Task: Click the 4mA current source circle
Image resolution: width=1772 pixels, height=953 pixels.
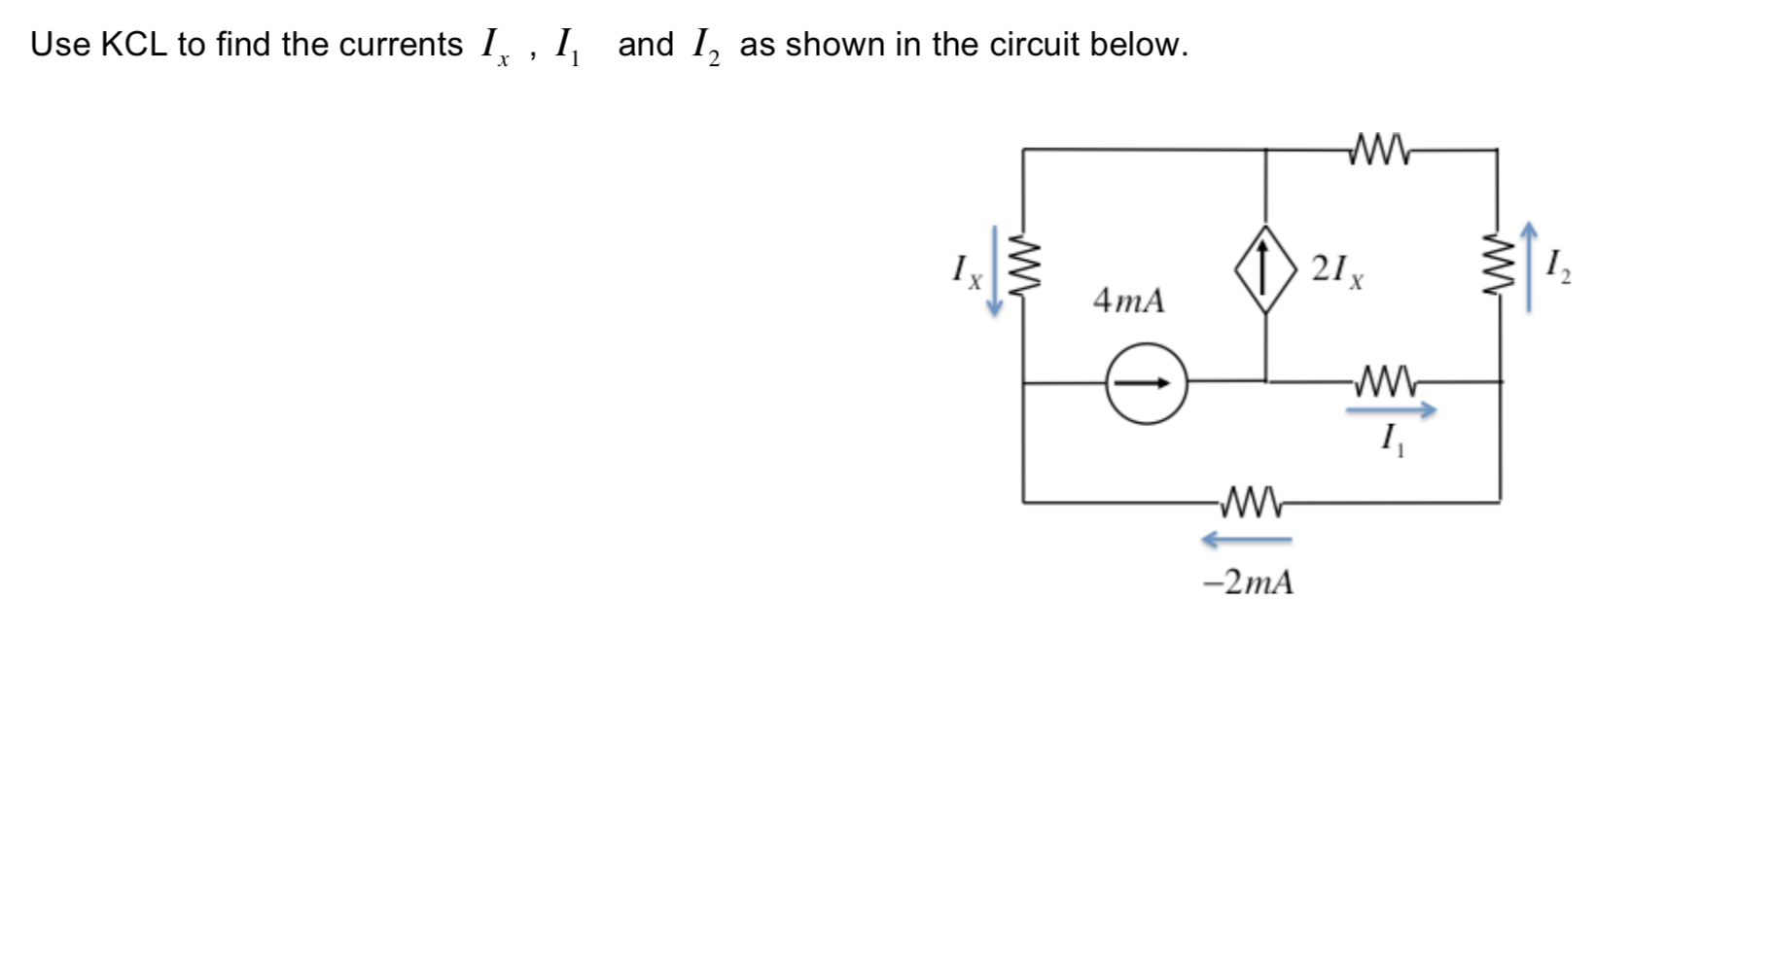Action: tap(1147, 383)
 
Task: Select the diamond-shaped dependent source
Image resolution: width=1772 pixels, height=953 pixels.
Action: tap(1264, 269)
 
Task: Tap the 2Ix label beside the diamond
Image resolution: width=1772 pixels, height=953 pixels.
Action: tap(1336, 269)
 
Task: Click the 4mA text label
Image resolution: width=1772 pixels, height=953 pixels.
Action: tap(1128, 300)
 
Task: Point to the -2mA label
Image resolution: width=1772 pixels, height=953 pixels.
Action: tap(1248, 582)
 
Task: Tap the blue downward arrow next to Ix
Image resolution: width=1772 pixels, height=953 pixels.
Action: tap(994, 270)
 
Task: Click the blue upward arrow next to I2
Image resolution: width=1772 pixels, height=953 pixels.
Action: tap(1529, 267)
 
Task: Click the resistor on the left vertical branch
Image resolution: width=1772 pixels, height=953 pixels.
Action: tap(1023, 266)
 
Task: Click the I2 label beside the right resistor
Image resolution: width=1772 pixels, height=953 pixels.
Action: tap(1557, 265)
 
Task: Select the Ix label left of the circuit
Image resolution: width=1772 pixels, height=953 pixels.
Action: tap(966, 269)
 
